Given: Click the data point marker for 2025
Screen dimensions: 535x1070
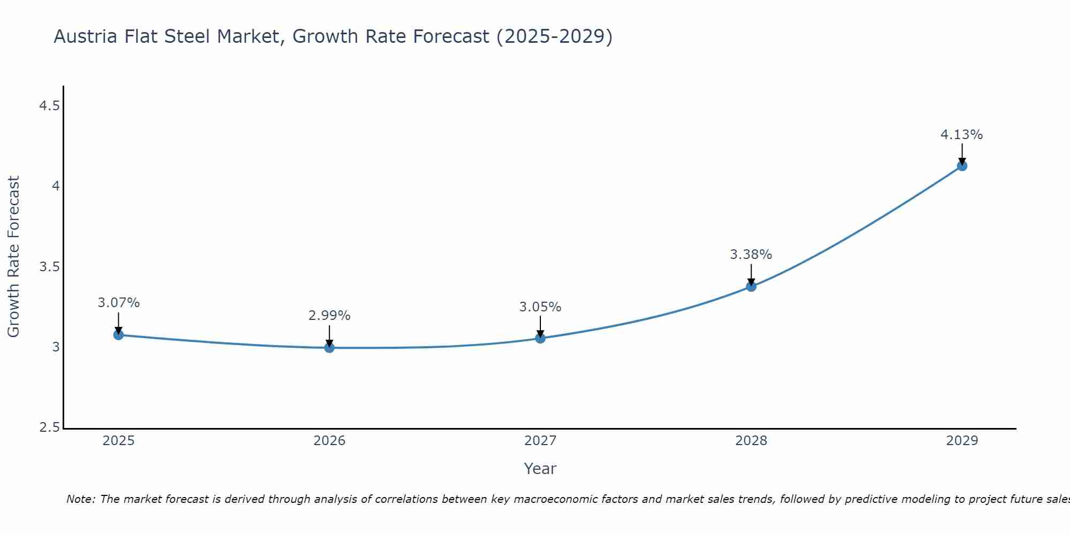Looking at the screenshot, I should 118,335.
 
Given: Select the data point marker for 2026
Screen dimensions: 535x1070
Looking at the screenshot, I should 329,348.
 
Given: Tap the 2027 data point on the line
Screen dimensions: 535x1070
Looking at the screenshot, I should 540,338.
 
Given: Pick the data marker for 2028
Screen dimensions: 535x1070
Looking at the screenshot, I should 751,286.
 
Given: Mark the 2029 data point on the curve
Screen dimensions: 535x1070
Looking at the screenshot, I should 961,166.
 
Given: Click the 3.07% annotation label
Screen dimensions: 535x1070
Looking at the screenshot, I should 118,303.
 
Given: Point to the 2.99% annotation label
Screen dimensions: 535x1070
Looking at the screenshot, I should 329,316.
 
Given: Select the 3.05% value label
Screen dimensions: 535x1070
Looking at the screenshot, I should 540,307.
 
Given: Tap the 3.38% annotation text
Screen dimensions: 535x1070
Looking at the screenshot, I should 751,255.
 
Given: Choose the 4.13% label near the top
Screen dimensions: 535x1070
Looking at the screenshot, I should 961,135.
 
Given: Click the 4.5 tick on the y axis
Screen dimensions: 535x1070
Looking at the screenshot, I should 49,106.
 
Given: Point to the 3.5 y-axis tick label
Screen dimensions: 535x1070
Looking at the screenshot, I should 49,267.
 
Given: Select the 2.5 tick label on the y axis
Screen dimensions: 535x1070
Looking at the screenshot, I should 49,427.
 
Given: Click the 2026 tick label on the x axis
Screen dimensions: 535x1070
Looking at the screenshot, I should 329,441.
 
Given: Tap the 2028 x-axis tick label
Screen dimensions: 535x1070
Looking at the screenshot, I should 751,441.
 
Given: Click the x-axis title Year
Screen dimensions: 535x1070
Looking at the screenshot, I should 540,469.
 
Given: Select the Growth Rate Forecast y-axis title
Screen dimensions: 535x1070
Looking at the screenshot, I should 13,257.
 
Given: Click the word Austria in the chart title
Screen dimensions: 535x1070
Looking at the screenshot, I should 86,37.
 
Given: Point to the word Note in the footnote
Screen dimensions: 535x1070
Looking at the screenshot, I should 80,499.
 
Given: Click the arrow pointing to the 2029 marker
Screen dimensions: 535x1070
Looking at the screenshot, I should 961,153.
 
